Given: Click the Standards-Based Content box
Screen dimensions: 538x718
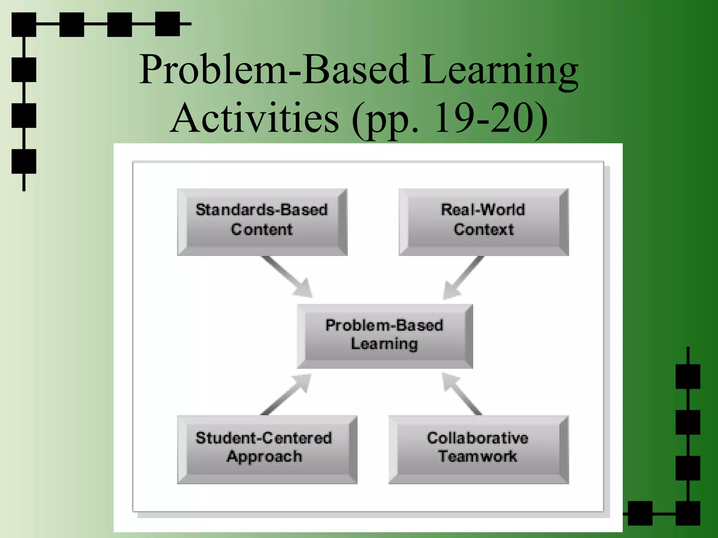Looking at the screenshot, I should [262, 222].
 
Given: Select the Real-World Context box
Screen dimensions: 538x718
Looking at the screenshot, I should [483, 222].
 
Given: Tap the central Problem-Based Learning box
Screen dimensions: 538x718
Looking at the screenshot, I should [385, 336].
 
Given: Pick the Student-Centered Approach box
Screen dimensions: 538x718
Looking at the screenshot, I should [267, 449].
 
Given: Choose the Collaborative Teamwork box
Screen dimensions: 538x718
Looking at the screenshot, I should [479, 449].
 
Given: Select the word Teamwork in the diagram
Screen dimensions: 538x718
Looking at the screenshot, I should [478, 456].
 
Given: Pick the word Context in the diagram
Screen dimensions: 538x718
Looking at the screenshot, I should [484, 229].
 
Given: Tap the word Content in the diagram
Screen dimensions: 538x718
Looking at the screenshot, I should [262, 229].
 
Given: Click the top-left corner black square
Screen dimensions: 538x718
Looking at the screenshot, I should [24, 25].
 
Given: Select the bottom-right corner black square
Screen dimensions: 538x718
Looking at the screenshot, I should [688, 513].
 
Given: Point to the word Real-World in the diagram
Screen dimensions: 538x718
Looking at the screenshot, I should [483, 209].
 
